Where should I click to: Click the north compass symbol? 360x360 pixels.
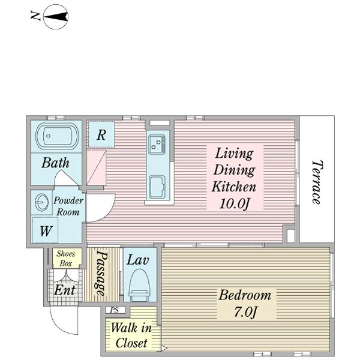pos(56,17)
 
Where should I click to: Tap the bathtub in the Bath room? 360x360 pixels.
pos(57,136)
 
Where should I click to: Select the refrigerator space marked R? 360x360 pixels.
pos(101,134)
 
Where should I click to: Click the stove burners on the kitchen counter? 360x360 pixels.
pos(157,145)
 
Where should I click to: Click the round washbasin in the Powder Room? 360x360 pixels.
pos(41,202)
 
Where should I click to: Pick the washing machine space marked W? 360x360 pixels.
pos(45,230)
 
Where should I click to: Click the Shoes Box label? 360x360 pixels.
pos(66,258)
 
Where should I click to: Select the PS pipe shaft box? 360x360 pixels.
pos(115,310)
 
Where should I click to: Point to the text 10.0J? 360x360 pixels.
pos(235,203)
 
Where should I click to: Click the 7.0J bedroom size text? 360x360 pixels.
pos(245,311)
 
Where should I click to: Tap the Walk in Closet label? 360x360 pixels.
pos(131,335)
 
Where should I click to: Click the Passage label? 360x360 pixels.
pos(101,273)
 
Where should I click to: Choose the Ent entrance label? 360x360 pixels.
pos(65,290)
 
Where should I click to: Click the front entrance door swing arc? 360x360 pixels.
pos(59,325)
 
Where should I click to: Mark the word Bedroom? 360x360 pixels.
pos(245,295)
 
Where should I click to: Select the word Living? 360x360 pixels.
pos(234,154)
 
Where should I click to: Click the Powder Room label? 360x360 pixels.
pos(68,206)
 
